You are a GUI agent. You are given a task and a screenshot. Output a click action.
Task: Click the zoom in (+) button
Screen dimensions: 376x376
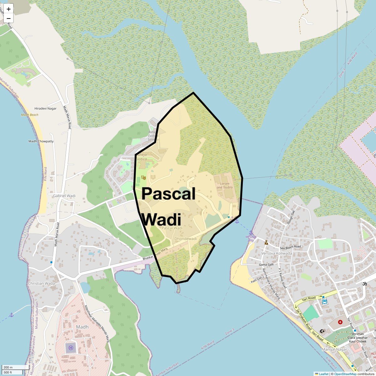pos(8,9)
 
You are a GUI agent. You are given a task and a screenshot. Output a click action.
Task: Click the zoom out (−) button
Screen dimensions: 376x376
pos(8,18)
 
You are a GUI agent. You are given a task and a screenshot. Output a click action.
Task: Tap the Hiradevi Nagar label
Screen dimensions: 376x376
pos(45,108)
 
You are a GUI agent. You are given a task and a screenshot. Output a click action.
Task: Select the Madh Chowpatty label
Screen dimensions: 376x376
pos(41,141)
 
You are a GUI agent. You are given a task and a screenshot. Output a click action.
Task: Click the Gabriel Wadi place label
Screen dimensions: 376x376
pos(64,196)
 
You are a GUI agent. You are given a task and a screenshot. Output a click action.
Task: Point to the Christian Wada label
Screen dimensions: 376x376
pos(41,284)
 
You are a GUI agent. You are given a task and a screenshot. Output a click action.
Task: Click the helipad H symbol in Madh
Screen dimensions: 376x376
pos(71,347)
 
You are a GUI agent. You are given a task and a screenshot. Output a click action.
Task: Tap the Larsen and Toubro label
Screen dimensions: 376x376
pos(225,185)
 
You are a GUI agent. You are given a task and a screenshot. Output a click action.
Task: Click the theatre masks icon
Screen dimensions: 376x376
pos(144,178)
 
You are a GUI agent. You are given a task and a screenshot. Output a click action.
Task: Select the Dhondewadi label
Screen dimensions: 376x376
pos(185,239)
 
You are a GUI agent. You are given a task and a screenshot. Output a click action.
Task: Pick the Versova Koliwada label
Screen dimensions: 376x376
pos(277,253)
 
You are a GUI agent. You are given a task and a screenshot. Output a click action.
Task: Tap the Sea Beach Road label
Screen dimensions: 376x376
pos(290,247)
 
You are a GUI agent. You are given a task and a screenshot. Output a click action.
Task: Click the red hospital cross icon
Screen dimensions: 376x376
pos(340,322)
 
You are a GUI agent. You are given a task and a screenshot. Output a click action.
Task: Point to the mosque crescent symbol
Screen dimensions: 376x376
pos(322,331)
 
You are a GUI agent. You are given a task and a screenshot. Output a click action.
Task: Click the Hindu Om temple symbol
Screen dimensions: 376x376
pos(364,284)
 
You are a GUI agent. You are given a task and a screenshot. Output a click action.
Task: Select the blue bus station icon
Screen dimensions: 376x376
pos(325,302)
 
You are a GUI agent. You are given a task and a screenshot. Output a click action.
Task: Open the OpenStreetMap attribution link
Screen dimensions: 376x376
pos(345,374)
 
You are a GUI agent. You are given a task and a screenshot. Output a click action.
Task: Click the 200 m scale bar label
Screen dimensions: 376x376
pos(8,368)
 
